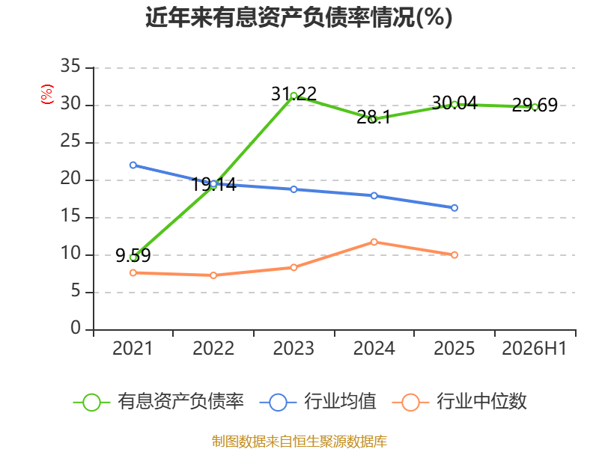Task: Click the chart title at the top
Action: [x=299, y=17]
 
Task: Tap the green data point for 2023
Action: [x=294, y=96]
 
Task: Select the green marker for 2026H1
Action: [x=535, y=107]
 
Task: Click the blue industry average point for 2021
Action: [x=133, y=165]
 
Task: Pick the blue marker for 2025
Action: [x=454, y=208]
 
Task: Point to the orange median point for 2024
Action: [x=374, y=242]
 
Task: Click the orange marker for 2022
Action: [x=213, y=275]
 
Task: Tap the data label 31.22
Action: [x=294, y=94]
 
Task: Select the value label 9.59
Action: [x=133, y=255]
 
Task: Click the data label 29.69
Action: [x=535, y=105]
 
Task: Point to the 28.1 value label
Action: [x=374, y=117]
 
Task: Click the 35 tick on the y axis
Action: [x=70, y=66]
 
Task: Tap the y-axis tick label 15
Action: [x=70, y=216]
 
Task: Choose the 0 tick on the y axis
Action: [x=76, y=328]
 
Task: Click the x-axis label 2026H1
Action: [x=534, y=348]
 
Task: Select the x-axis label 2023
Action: [x=294, y=348]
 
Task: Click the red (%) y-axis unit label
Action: [x=47, y=94]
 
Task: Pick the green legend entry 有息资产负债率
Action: [x=159, y=402]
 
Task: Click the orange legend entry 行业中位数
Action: [x=460, y=402]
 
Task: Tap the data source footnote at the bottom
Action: [x=299, y=442]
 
